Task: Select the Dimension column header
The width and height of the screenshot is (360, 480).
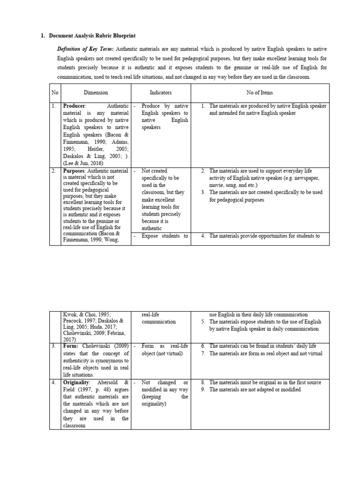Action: [x=96, y=93]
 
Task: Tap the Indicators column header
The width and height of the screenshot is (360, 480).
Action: [x=161, y=93]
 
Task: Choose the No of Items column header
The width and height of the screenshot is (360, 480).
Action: [x=259, y=93]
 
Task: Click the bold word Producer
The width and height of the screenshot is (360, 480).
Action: [x=74, y=106]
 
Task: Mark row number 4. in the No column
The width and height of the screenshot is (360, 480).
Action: [x=54, y=382]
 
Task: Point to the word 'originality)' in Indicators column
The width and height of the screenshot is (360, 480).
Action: [x=155, y=404]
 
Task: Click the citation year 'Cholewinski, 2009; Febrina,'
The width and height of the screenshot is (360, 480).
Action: [x=94, y=332]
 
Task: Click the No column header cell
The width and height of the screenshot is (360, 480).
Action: [x=54, y=93]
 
